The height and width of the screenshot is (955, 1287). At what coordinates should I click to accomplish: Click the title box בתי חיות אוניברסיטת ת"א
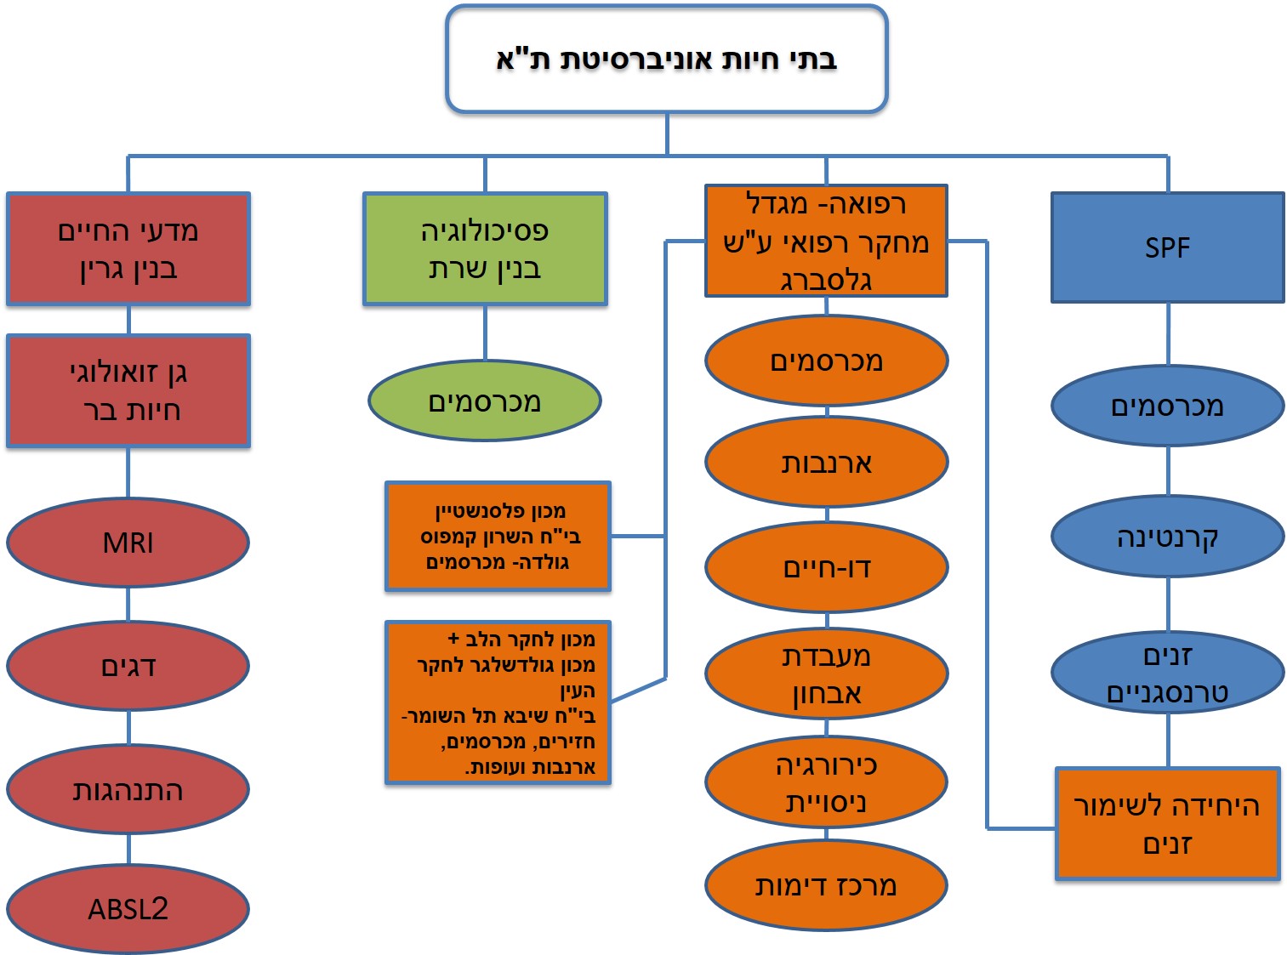coord(666,60)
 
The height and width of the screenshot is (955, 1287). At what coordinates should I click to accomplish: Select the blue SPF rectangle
coord(1167,247)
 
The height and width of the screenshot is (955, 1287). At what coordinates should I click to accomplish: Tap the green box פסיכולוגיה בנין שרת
coord(485,249)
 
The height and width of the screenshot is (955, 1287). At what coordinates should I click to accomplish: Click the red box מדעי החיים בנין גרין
coord(128,249)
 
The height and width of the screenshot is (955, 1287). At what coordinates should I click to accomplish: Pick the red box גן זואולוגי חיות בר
coord(128,391)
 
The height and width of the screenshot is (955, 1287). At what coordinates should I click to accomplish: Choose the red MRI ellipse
coord(128,543)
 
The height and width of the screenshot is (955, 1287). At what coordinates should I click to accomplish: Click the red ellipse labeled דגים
coord(128,667)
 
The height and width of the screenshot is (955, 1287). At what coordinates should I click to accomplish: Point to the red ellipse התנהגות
coord(128,790)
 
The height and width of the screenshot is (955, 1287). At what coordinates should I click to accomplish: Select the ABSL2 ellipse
coord(128,909)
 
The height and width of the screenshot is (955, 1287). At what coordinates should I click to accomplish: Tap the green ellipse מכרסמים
coord(485,401)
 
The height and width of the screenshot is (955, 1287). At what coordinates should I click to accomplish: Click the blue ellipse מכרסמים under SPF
coord(1167,406)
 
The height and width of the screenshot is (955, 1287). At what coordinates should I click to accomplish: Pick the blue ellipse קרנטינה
coord(1167,537)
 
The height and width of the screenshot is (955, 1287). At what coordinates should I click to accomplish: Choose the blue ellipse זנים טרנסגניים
coord(1167,673)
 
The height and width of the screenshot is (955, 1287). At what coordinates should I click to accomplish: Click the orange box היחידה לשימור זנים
coord(1167,823)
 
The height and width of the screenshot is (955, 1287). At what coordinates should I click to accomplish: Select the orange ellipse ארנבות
coord(826,463)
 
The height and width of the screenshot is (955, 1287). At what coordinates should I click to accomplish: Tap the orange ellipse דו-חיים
coord(826,567)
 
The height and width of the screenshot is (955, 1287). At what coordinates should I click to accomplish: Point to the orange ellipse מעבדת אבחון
coord(826,674)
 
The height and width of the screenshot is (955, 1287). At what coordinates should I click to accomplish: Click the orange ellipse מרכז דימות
coord(826,885)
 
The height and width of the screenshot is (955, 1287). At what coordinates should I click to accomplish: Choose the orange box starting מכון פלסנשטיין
coord(498,537)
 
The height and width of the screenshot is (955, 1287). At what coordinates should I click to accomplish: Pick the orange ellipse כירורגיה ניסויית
coord(826,782)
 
